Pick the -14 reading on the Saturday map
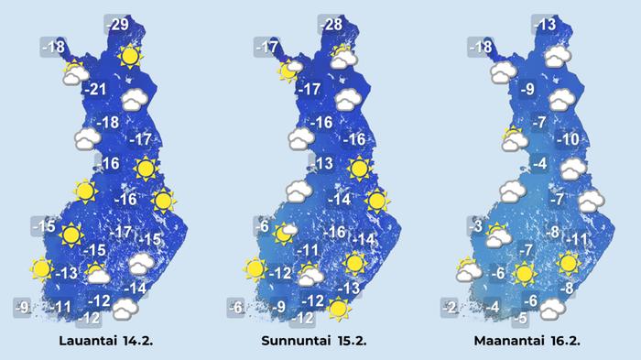(136, 289)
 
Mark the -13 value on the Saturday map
(67, 273)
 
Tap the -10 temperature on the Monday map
(568, 139)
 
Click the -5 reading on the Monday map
(520, 319)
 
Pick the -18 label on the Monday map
(481, 47)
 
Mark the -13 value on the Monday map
(545, 24)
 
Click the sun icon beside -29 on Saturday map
(130, 57)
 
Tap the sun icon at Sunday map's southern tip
(340, 310)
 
